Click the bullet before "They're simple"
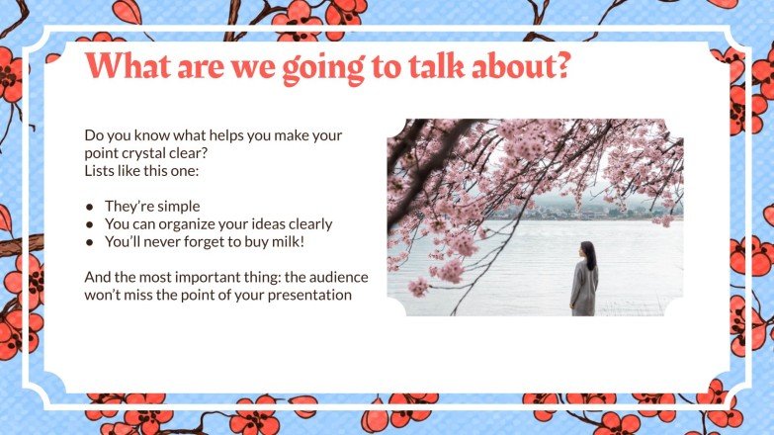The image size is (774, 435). tap(90, 207)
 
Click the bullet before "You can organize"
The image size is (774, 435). tap(90, 224)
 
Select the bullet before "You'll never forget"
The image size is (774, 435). tap(90, 241)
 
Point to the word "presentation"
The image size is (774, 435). tap(305, 296)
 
